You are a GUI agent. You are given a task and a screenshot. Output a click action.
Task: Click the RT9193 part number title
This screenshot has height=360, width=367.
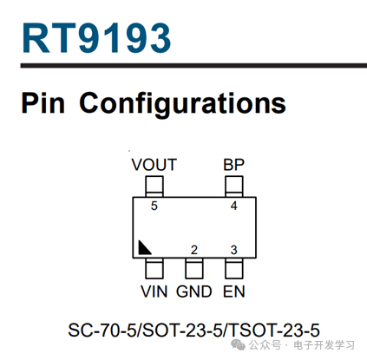click(x=96, y=38)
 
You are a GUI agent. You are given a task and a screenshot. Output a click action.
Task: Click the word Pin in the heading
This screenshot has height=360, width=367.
click(x=43, y=103)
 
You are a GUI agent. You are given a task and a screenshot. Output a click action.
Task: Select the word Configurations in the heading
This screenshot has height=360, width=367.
click(x=182, y=104)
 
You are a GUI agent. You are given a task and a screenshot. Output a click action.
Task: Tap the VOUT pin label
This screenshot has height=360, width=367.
click(x=154, y=165)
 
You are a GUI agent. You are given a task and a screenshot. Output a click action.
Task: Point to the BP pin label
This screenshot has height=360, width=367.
click(x=233, y=165)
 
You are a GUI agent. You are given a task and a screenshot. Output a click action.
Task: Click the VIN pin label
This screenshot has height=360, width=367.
click(x=154, y=291)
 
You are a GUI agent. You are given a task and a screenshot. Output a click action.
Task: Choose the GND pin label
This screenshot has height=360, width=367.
click(x=194, y=291)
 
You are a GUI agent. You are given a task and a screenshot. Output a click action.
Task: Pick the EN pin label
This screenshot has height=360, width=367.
click(x=234, y=291)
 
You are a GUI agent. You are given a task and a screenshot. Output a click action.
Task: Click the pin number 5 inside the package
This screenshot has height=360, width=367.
click(x=154, y=206)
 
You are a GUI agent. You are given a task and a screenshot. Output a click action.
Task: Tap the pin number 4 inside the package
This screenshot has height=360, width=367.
click(x=234, y=206)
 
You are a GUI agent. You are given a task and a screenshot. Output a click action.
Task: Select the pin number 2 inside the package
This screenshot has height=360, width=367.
click(x=194, y=250)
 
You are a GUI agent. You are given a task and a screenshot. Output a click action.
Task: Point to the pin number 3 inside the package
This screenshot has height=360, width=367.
click(x=234, y=250)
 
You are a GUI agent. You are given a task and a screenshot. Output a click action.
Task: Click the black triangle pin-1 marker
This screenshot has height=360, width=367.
click(x=143, y=249)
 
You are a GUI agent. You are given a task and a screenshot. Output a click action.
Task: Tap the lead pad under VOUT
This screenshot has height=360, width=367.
click(x=154, y=187)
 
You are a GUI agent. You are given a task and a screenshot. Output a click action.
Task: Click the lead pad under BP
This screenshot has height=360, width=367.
click(x=234, y=187)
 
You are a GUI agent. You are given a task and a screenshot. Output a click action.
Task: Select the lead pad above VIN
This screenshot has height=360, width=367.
click(x=154, y=268)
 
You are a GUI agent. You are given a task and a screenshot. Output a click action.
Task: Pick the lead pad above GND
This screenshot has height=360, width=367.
click(x=194, y=268)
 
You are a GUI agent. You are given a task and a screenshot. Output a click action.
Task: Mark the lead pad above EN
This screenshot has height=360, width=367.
click(x=234, y=268)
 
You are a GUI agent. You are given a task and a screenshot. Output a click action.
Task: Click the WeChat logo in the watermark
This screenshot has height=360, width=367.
click(x=238, y=344)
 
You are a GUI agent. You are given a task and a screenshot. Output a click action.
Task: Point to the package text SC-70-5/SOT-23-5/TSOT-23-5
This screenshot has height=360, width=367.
click(x=193, y=330)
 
